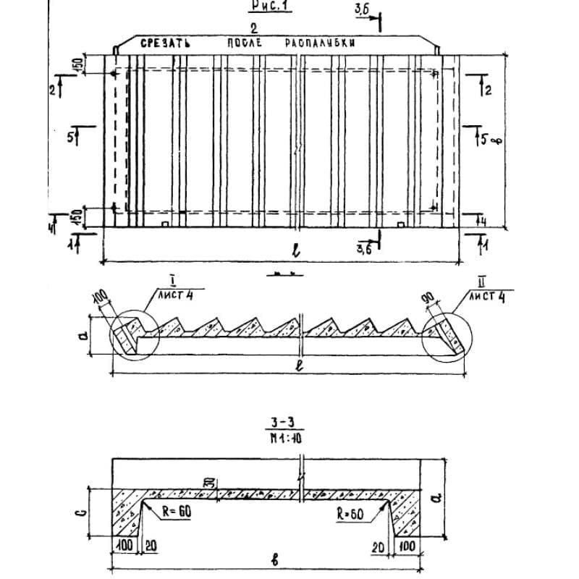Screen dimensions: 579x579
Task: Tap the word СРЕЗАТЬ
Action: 165,44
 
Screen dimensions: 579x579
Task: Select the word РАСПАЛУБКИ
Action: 320,44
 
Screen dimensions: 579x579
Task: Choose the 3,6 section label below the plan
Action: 364,248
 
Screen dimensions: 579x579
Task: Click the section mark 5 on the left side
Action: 70,135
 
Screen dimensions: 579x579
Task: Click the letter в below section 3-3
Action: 277,562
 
